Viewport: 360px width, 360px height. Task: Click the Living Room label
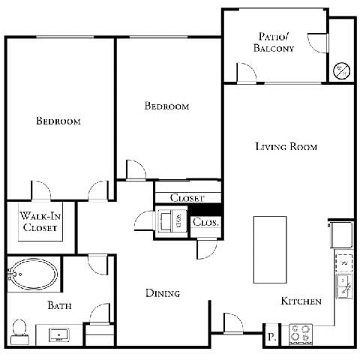(x=286, y=147)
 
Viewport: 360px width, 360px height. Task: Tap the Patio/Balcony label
(x=275, y=42)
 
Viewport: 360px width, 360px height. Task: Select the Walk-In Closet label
(x=40, y=222)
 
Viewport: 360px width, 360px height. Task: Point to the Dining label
(x=163, y=293)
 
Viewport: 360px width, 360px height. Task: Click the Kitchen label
(x=301, y=301)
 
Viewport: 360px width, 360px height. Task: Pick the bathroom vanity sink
(x=58, y=332)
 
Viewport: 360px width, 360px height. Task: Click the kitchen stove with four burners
(x=301, y=333)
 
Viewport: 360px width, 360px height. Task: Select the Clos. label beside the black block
(x=205, y=223)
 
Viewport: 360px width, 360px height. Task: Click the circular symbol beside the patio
(x=341, y=71)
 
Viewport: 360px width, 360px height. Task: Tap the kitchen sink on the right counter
(x=343, y=285)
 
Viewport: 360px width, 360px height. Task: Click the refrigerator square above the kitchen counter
(x=341, y=235)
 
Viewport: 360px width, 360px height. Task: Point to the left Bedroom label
(x=58, y=121)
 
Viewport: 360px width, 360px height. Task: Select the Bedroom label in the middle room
(x=166, y=106)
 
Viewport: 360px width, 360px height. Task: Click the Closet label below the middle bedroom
(x=187, y=198)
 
